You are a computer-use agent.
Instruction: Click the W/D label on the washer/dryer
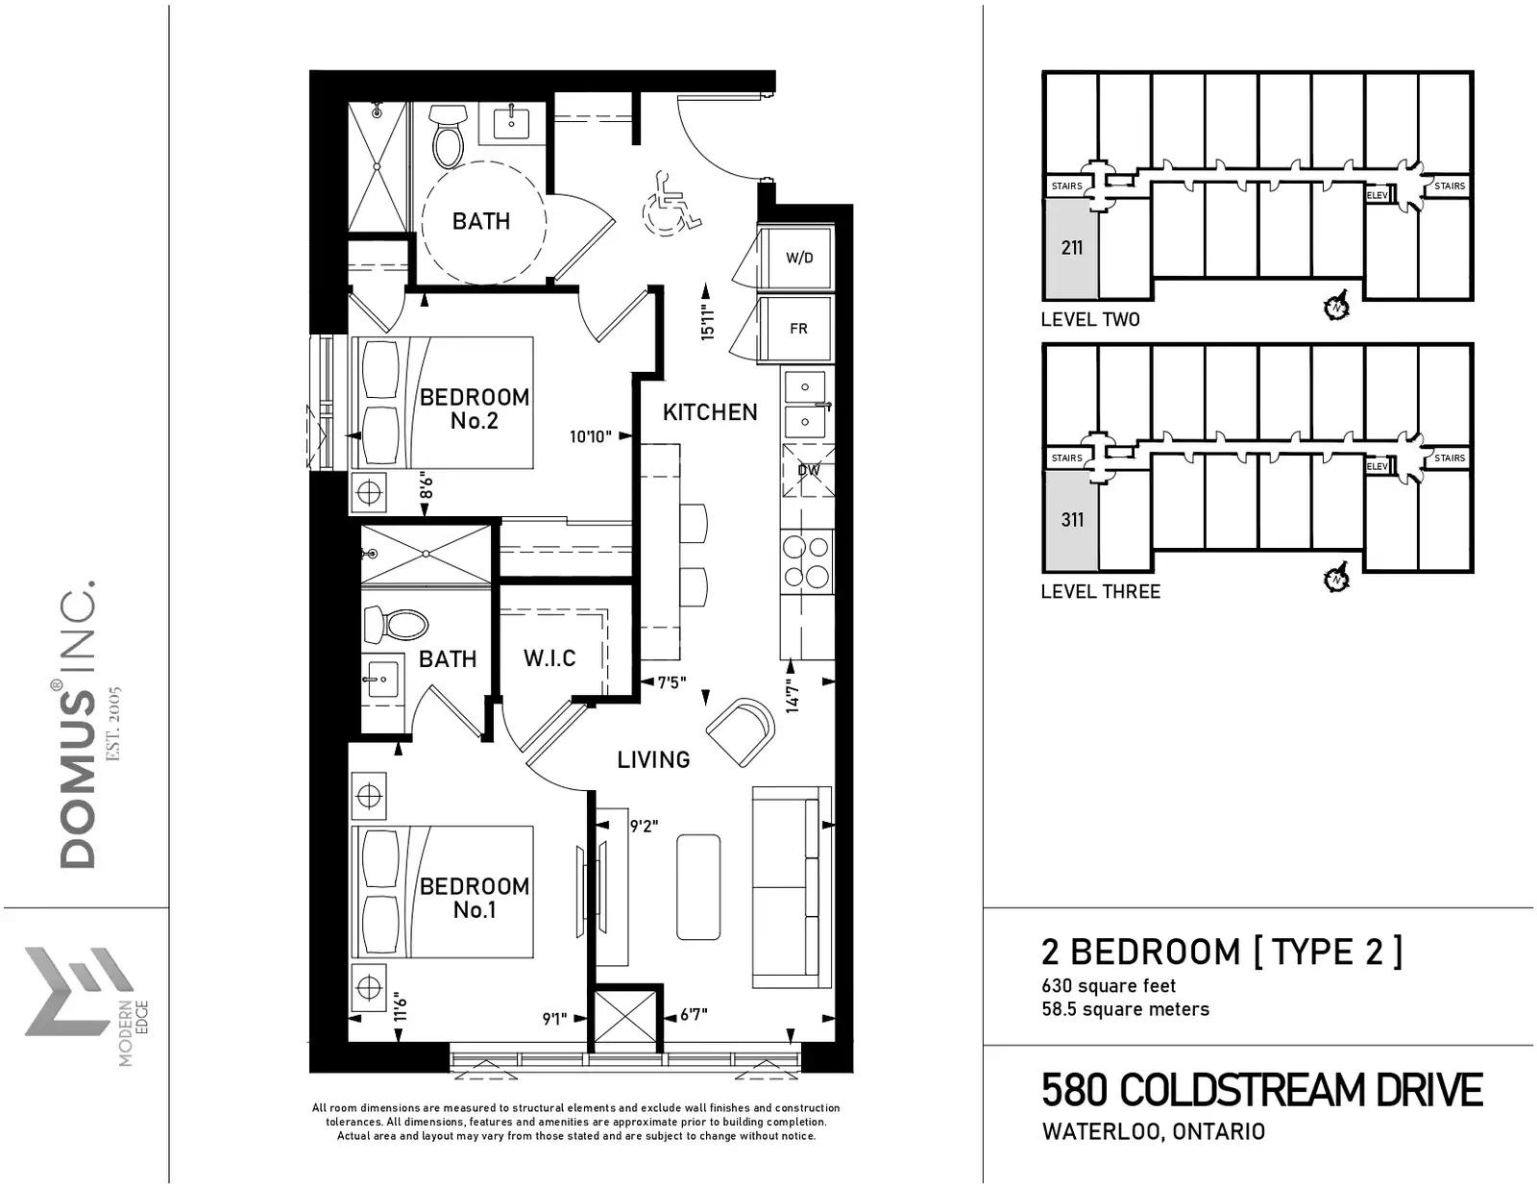pyautogui.click(x=799, y=259)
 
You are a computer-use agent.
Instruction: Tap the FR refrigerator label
pyautogui.click(x=798, y=329)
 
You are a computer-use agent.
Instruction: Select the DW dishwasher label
pyautogui.click(x=809, y=470)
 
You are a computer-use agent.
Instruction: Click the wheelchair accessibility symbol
pyautogui.click(x=671, y=205)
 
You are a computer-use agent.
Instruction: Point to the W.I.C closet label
pyautogui.click(x=549, y=658)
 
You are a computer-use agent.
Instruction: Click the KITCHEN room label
pyautogui.click(x=710, y=412)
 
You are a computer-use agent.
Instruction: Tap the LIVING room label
pyautogui.click(x=653, y=760)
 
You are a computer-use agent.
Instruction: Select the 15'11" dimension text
pyautogui.click(x=707, y=322)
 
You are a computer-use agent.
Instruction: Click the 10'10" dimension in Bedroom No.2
pyautogui.click(x=591, y=436)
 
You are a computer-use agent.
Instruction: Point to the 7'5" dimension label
pyautogui.click(x=671, y=682)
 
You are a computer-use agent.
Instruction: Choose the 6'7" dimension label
pyautogui.click(x=694, y=1015)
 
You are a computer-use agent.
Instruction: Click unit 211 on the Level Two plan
pyautogui.click(x=1072, y=248)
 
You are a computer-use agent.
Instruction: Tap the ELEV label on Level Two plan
pyautogui.click(x=1378, y=195)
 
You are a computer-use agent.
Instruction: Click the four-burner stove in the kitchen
pyautogui.click(x=806, y=562)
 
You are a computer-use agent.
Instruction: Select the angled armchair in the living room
pyautogui.click(x=741, y=731)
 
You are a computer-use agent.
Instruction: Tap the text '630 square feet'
pyautogui.click(x=1109, y=985)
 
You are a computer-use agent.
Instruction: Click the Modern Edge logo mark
pyautogui.click(x=78, y=991)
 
